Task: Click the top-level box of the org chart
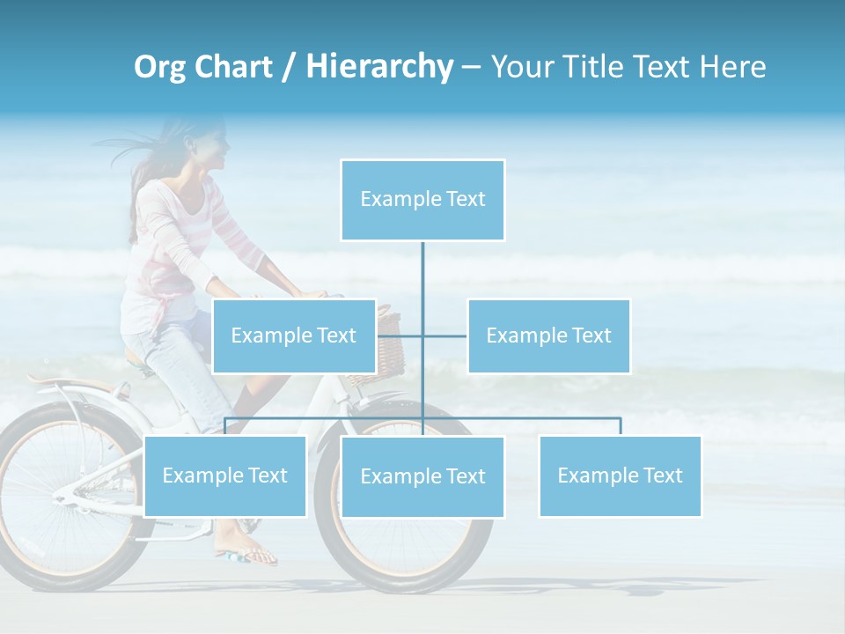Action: pos(422,200)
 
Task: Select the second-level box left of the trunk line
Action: pos(294,335)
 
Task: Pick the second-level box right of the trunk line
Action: pos(548,335)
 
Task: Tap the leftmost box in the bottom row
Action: pos(225,475)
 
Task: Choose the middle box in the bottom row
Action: pos(422,476)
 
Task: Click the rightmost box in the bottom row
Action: pos(620,475)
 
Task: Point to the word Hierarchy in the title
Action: pos(378,67)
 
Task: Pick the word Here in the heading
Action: pos(732,67)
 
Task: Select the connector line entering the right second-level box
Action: pos(445,335)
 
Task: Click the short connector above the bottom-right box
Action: pos(620,426)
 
